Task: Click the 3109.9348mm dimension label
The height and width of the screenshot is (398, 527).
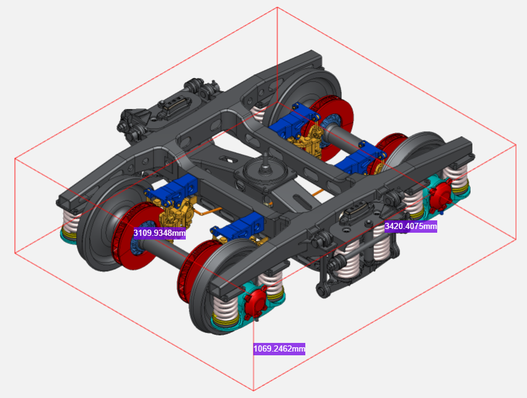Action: pos(160,233)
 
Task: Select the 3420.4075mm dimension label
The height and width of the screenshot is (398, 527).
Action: pos(411,227)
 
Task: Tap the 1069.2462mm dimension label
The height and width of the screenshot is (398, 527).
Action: pos(279,349)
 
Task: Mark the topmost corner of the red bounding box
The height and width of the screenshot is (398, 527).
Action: pos(277,7)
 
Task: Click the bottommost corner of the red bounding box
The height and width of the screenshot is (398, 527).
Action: pos(254,391)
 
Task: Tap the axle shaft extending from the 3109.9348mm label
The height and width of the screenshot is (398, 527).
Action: pos(165,249)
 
